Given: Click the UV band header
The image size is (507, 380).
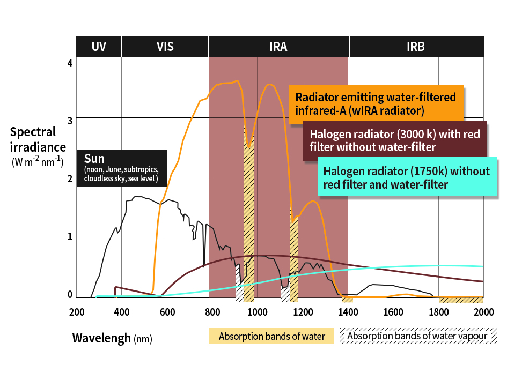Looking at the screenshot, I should (99, 47).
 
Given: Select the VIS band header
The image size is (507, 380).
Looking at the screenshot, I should (165, 47).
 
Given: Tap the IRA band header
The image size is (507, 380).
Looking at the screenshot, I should (278, 47).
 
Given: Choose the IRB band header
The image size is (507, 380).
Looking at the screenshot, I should (416, 47).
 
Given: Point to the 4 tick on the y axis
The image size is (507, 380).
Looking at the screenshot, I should (69, 63).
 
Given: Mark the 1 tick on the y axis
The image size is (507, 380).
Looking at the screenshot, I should (69, 237).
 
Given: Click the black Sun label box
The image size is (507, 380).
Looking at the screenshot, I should (122, 168).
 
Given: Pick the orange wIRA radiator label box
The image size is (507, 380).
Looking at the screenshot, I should (376, 104).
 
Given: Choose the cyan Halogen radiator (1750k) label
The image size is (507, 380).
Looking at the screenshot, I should (407, 177).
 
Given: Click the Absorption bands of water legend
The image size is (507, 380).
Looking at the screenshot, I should (271, 337).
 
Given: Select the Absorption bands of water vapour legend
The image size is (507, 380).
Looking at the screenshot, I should (417, 336).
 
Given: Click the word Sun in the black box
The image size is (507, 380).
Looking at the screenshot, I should (94, 159).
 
